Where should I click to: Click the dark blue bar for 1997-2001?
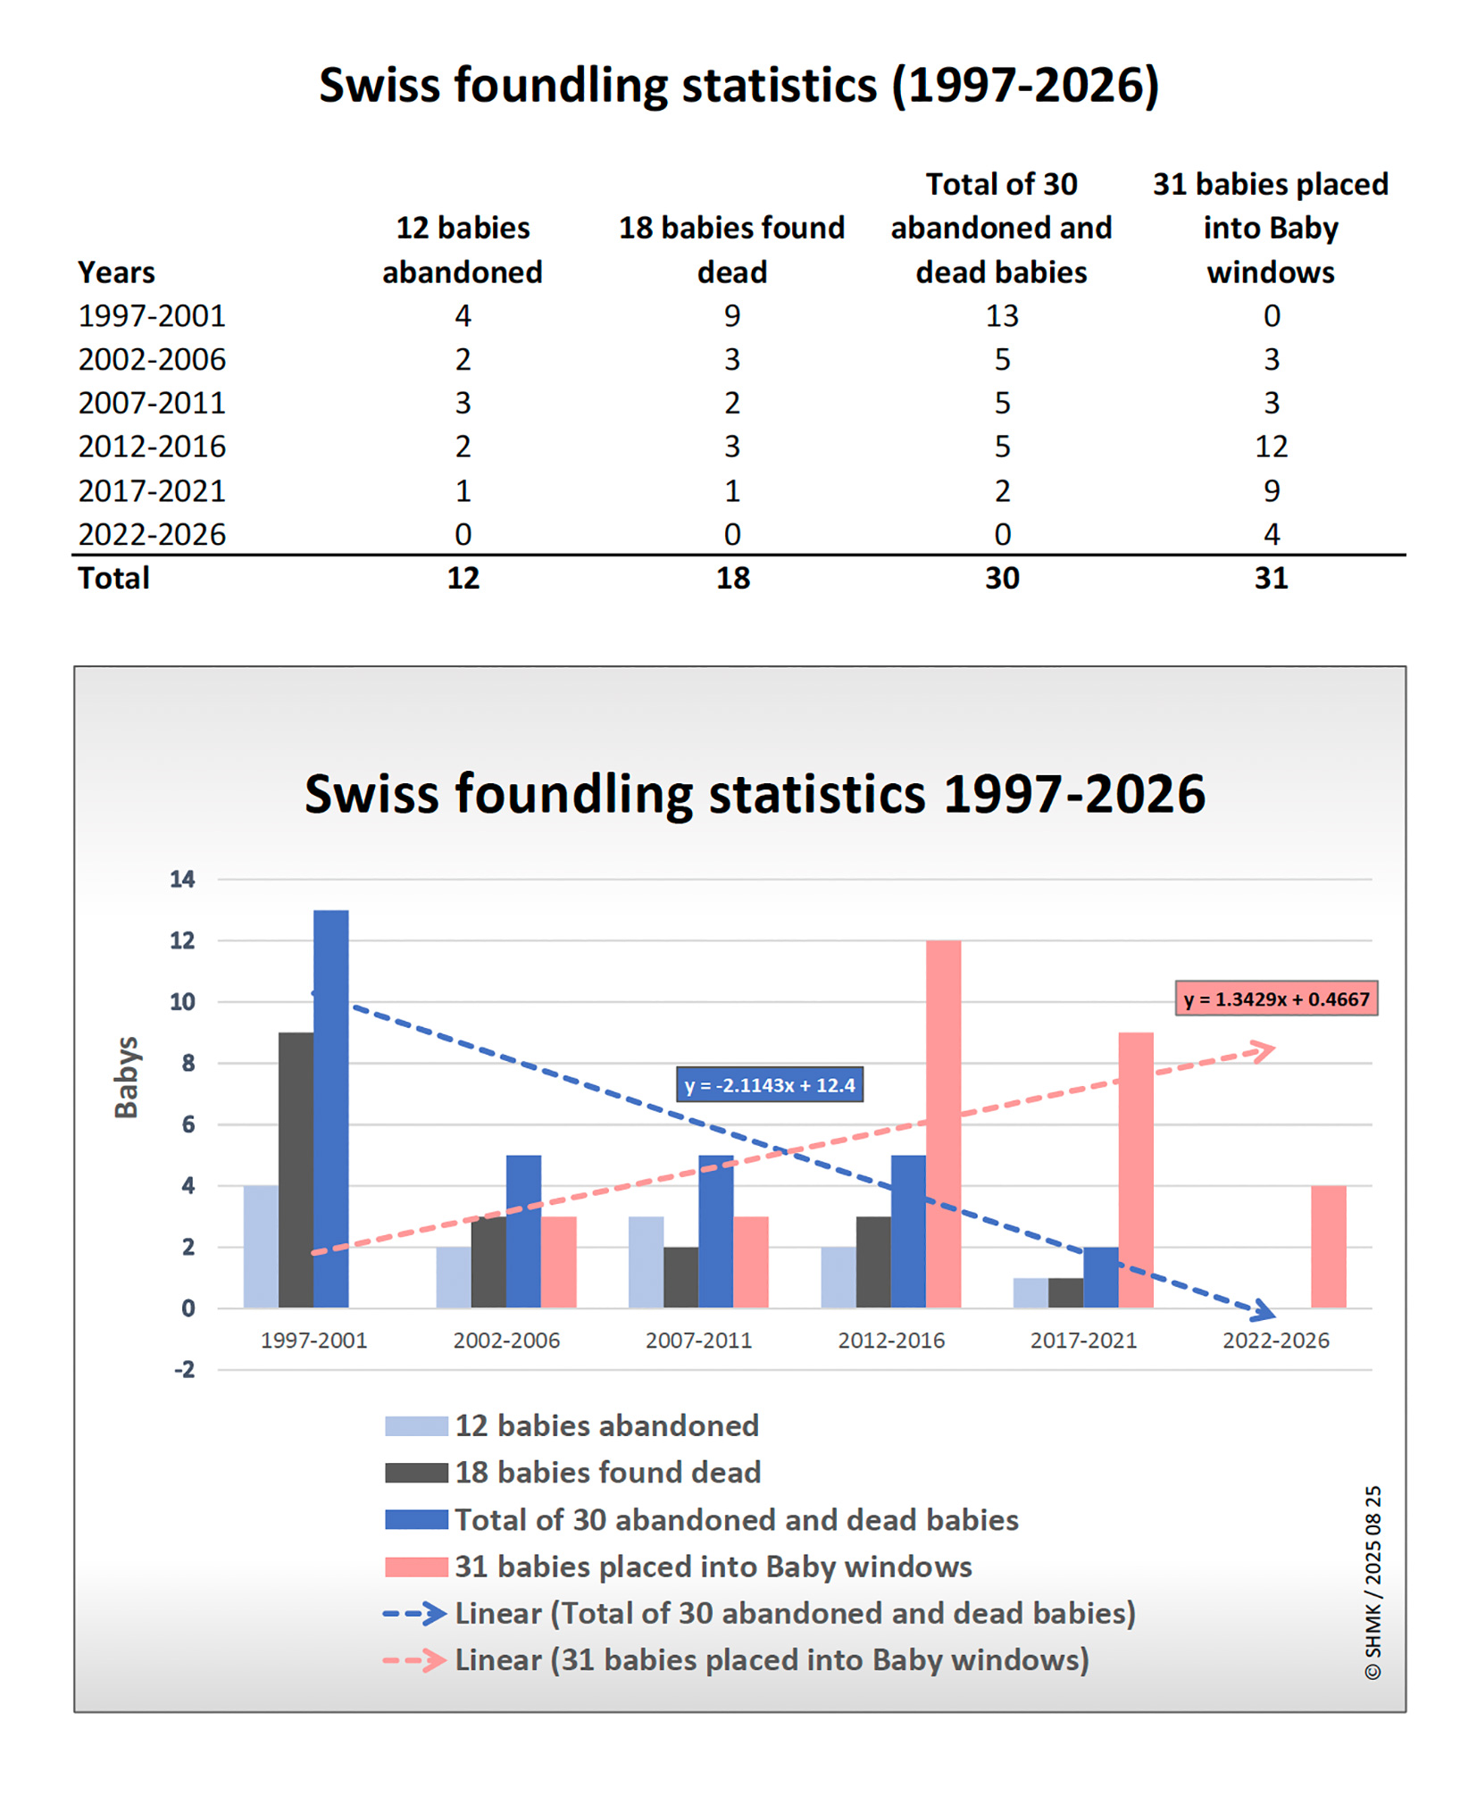[x=330, y=1107]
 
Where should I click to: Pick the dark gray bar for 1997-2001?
[x=296, y=1170]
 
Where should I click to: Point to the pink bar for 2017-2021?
[x=1136, y=1170]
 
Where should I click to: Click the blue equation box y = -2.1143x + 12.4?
[x=769, y=1085]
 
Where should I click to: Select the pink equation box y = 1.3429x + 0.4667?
[x=1275, y=999]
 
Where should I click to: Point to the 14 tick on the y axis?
[x=182, y=879]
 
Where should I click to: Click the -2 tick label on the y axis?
[x=184, y=1369]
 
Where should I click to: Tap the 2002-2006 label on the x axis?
[x=506, y=1340]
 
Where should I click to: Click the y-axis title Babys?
[x=127, y=1077]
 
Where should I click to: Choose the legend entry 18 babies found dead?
[x=607, y=1472]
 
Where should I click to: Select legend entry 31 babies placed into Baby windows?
[x=713, y=1567]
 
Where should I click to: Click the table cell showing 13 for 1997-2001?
[x=1001, y=315]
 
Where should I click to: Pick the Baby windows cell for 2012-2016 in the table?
[x=1271, y=447]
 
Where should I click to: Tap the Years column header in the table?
[x=116, y=272]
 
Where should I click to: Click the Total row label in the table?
[x=113, y=578]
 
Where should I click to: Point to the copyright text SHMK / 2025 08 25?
[x=1373, y=1583]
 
